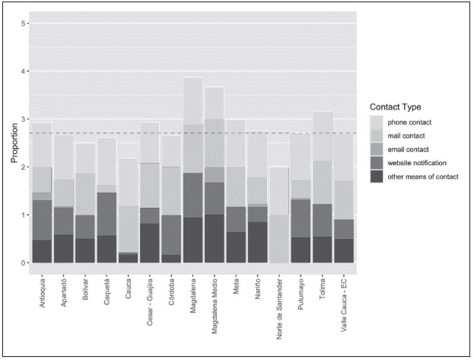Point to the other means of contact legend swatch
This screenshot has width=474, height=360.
377,177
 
